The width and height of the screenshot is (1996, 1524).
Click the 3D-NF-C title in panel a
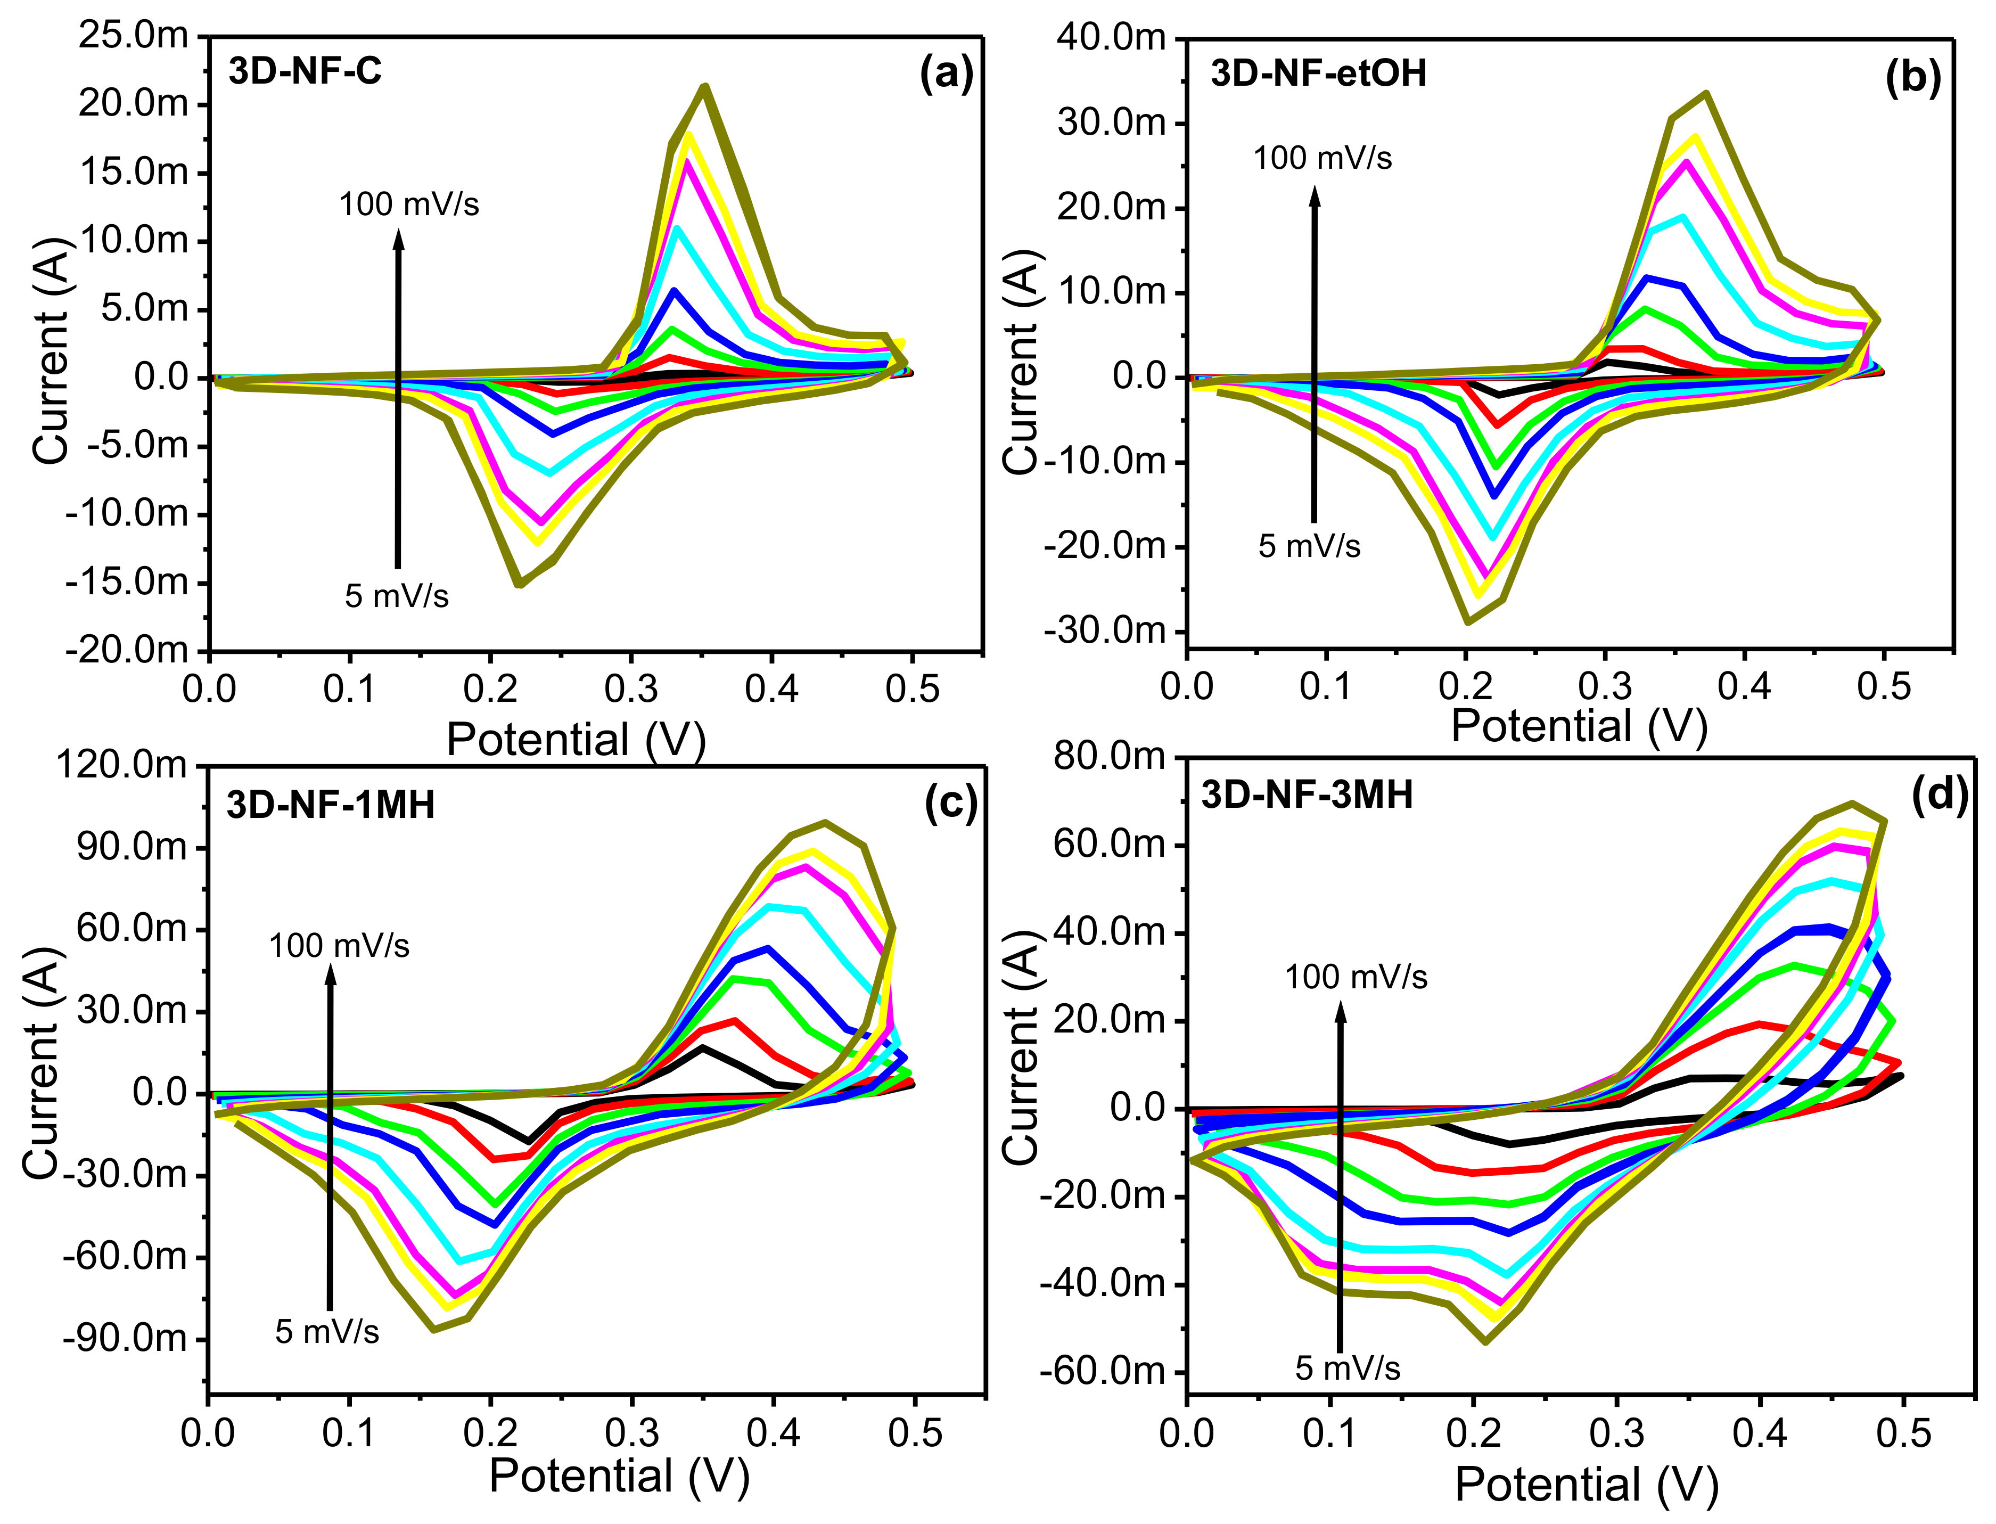(305, 71)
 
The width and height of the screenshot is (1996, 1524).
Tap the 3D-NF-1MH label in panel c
(330, 805)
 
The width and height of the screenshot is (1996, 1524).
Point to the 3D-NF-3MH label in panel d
(1307, 794)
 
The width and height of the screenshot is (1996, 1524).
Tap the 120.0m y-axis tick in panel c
(121, 765)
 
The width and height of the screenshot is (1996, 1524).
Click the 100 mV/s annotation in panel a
(409, 204)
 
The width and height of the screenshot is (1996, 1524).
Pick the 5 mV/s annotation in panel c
(327, 1332)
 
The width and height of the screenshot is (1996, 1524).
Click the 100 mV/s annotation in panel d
(1356, 977)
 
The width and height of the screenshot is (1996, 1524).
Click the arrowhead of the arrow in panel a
(398, 237)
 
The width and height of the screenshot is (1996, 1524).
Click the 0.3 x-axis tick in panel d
(1617, 1433)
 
